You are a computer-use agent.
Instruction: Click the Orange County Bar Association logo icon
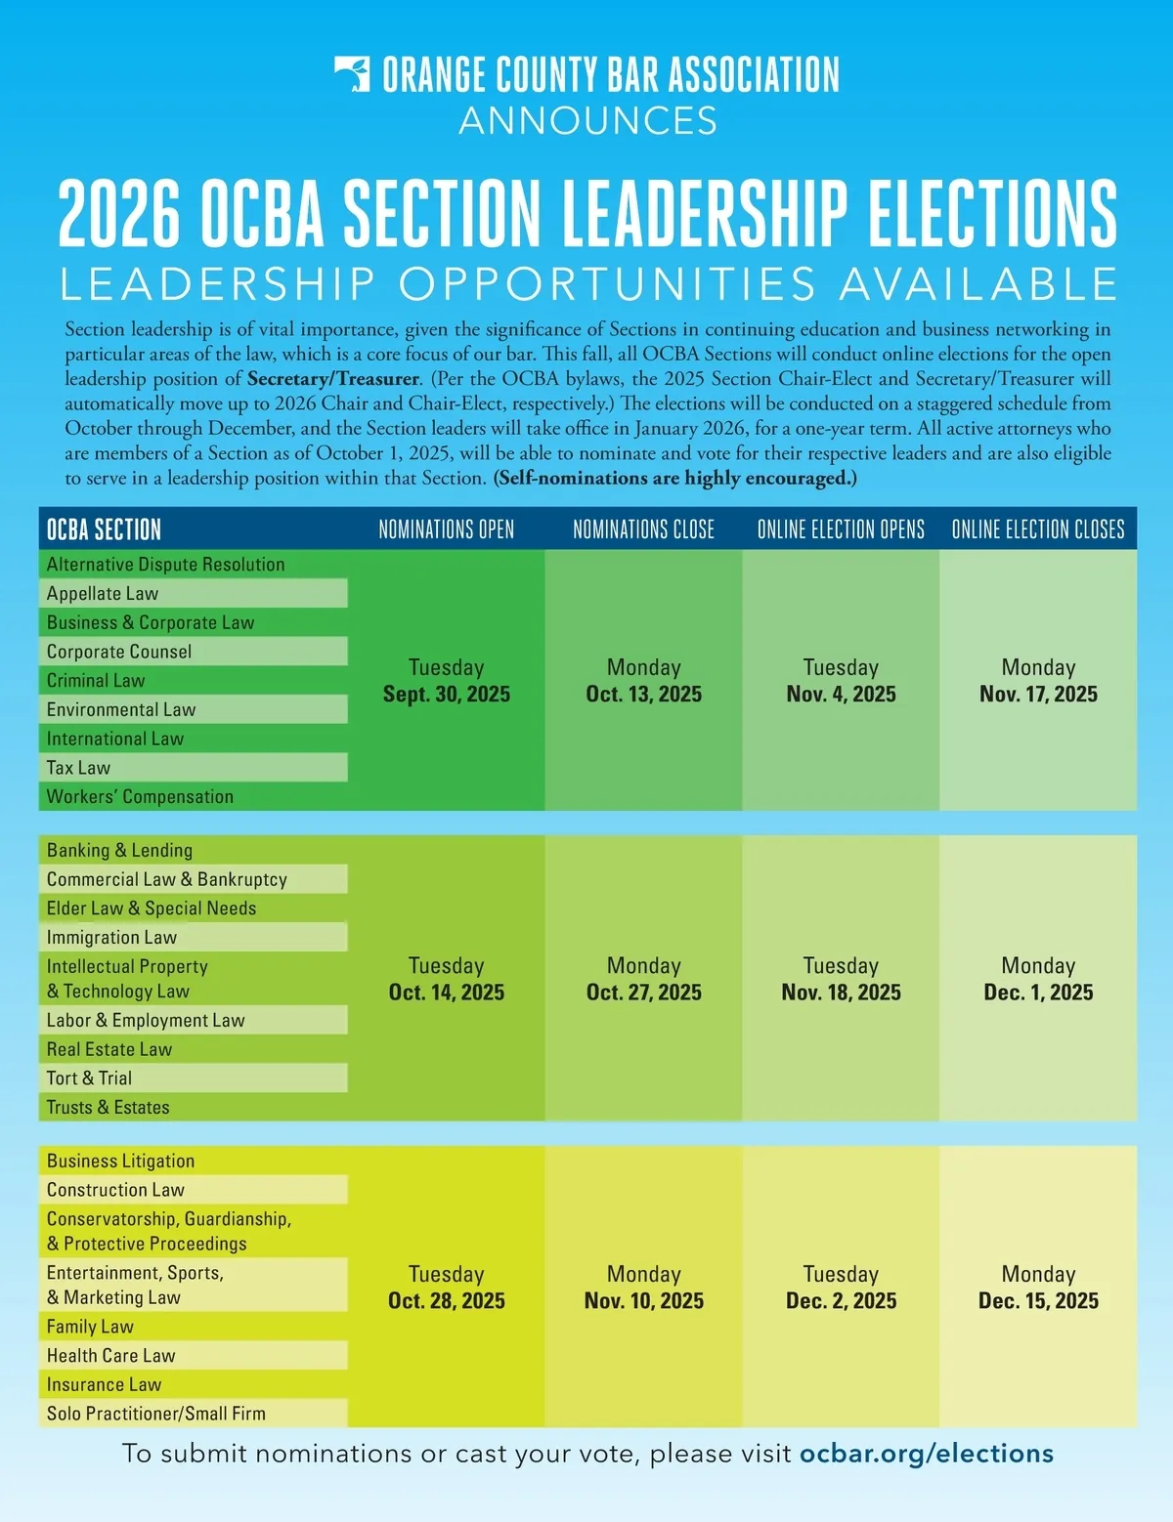(353, 74)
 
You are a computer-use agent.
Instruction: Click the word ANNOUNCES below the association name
(587, 121)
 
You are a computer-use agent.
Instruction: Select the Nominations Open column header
(447, 529)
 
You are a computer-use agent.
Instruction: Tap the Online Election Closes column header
(1038, 529)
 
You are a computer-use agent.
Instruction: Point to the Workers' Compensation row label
(140, 796)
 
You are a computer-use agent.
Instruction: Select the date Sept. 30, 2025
(447, 694)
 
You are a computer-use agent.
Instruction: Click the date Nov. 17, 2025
(1038, 694)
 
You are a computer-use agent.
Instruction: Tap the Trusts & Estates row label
(109, 1107)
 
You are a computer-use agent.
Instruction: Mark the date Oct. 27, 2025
(644, 992)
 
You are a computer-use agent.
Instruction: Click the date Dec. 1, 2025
(1038, 992)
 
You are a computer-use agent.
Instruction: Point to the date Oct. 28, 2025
(447, 1300)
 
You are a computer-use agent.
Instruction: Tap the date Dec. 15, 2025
(1038, 1300)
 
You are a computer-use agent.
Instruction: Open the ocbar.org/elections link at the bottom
(927, 1454)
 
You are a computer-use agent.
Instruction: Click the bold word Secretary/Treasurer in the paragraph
(333, 379)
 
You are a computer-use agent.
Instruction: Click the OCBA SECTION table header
(104, 529)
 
